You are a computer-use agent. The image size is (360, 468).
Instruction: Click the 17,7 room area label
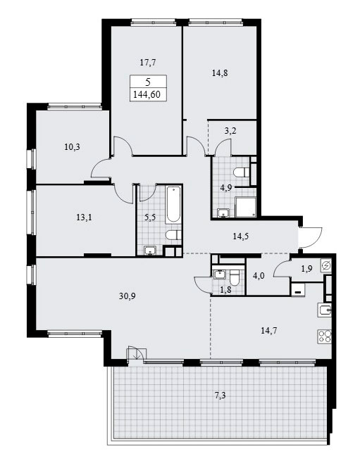[148, 63]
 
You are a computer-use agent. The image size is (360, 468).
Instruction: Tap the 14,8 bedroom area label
[220, 72]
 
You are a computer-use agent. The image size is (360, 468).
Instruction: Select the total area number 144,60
[147, 94]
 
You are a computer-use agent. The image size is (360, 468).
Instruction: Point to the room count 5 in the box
[148, 82]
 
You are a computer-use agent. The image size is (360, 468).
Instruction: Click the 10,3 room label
[72, 147]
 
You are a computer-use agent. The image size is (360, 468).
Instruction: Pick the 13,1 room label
[84, 217]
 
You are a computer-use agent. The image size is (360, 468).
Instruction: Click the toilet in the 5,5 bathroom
[173, 235]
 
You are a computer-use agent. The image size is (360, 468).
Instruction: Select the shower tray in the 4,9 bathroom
[246, 207]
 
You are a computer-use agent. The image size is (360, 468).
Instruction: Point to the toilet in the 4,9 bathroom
[242, 172]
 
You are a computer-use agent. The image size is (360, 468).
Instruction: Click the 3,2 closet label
[230, 131]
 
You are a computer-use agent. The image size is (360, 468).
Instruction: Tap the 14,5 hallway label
[240, 236]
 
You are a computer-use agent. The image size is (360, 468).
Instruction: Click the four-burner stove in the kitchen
[325, 336]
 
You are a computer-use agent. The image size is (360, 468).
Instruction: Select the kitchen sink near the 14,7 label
[325, 310]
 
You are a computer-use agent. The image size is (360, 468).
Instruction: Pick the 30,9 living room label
[128, 296]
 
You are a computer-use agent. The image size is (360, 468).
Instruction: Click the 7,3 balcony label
[220, 396]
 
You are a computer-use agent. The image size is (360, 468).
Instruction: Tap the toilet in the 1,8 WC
[234, 277]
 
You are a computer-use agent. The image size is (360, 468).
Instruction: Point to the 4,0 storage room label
[259, 276]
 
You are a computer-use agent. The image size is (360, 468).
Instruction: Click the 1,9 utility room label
[306, 269]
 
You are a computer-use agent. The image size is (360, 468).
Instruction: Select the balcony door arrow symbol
[137, 354]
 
